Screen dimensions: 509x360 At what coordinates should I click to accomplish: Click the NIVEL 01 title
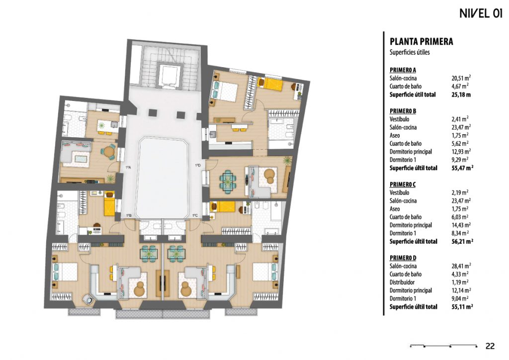pos(481,13)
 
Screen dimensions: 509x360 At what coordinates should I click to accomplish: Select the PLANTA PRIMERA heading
pos(421,42)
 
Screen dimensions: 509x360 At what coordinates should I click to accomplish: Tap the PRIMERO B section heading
pos(403,111)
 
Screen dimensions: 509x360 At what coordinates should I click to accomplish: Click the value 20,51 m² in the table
pos(461,78)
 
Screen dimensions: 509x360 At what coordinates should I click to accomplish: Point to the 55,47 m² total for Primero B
pos(462,168)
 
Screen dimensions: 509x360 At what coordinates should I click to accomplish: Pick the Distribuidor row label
pos(402,282)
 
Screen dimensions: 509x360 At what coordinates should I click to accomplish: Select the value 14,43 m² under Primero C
pos(461,225)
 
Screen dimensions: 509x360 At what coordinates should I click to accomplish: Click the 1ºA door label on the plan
pos(128,168)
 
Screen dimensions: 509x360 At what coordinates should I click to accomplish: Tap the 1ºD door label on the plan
pos(198,166)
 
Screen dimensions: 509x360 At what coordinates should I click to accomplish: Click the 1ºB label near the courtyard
pos(129,215)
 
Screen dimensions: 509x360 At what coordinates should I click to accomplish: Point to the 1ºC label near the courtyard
pos(195,215)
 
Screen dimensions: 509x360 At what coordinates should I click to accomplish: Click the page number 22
pos(490,346)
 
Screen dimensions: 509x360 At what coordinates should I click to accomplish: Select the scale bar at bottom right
pos(444,346)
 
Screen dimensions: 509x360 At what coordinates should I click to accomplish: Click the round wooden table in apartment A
pos(108,152)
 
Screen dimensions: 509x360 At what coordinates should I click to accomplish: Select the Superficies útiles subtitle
pos(410,52)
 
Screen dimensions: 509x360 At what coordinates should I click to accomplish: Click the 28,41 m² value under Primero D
pos(461,266)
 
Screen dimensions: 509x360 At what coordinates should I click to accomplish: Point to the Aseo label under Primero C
pos(395,209)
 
